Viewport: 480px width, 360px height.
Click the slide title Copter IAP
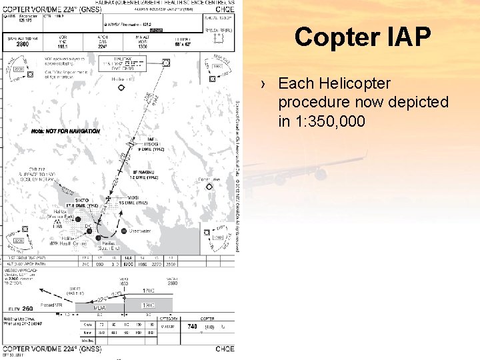tap(363, 37)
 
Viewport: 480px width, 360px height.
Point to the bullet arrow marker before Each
tap(265, 85)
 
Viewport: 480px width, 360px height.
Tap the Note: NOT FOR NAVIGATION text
tap(65, 131)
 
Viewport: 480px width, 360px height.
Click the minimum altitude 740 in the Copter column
tap(192, 326)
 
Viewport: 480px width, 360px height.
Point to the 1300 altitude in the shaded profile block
tap(149, 305)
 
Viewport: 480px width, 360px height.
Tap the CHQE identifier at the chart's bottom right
tap(225, 349)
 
